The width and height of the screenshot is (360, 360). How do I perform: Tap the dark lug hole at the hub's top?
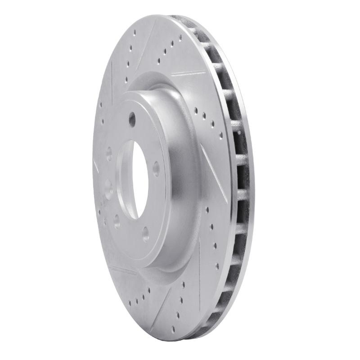[132, 119]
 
